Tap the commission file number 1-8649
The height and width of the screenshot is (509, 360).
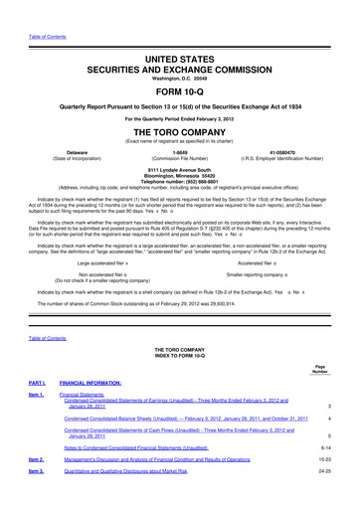(180, 151)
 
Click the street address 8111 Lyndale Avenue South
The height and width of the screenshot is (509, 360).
(180, 168)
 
